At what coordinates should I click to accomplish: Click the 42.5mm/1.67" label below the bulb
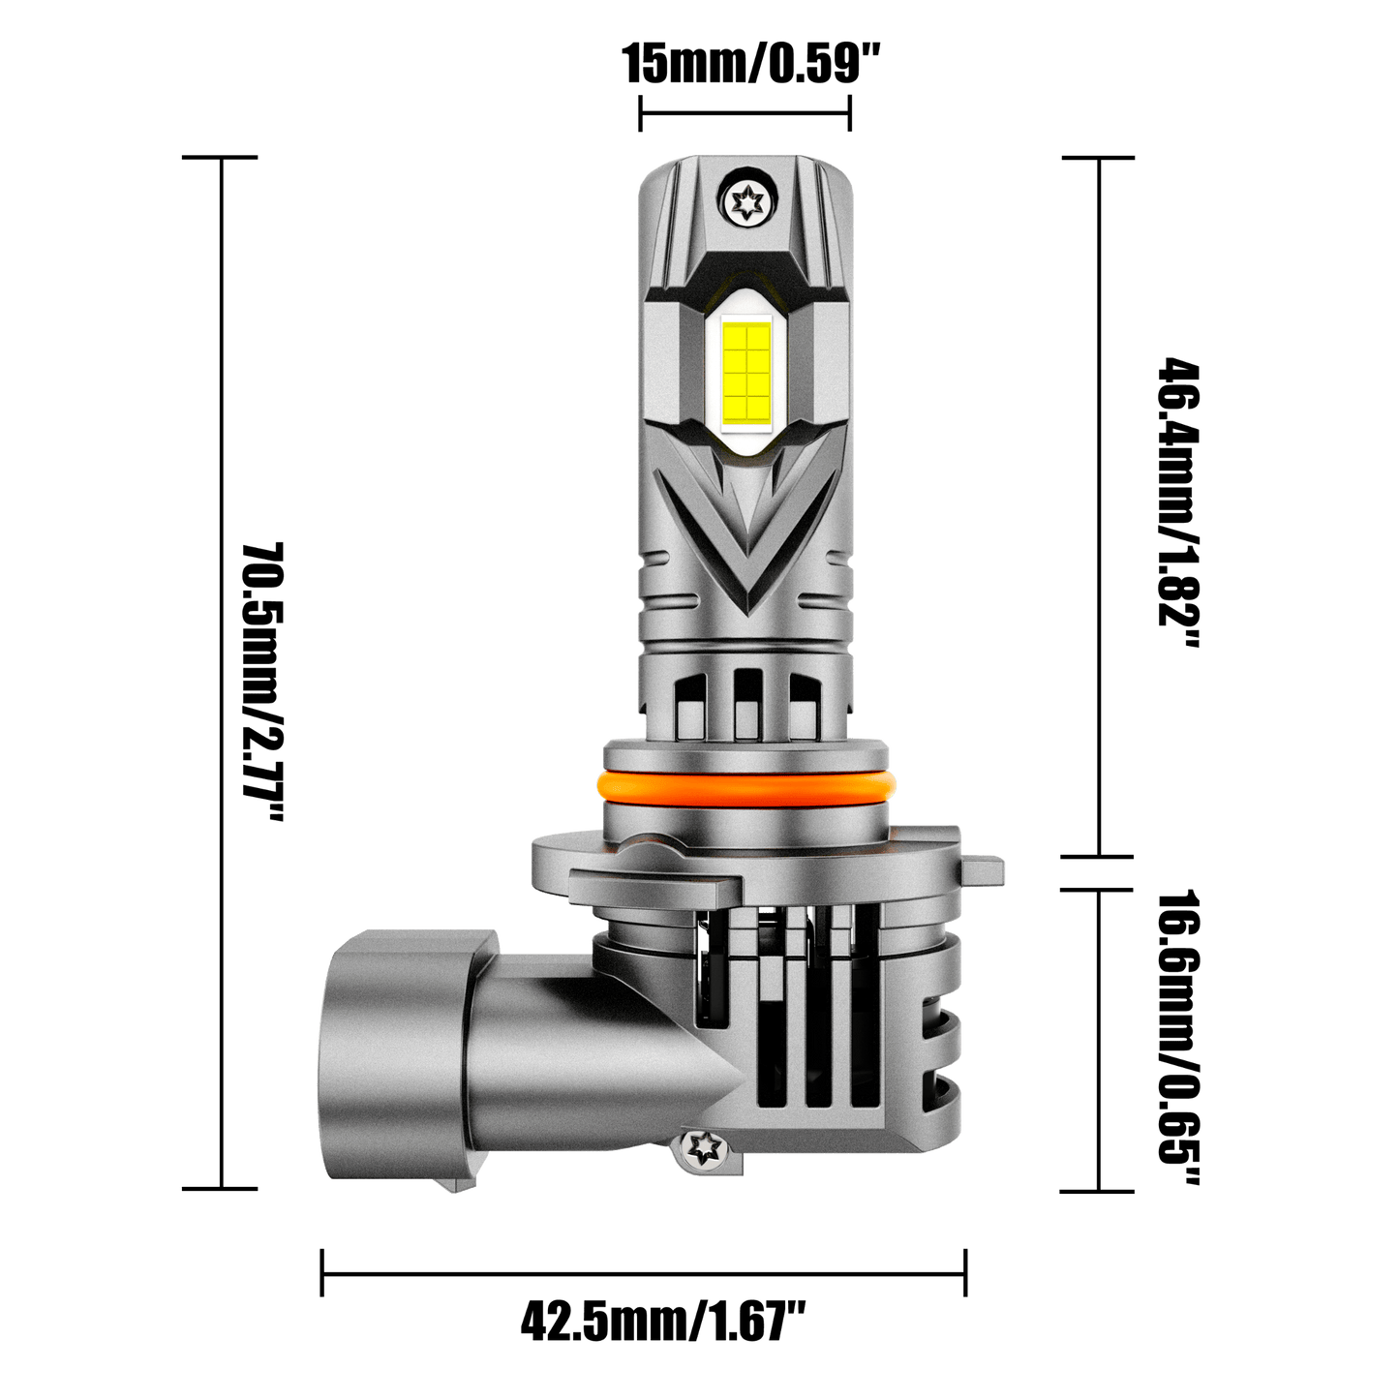[663, 1321]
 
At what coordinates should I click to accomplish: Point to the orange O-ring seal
[745, 784]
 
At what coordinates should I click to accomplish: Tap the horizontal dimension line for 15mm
[745, 113]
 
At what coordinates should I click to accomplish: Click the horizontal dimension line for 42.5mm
[644, 1275]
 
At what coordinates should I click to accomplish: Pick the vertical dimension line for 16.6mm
[1098, 1041]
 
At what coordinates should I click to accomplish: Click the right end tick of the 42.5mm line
[965, 1275]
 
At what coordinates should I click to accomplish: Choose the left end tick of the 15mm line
[640, 113]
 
